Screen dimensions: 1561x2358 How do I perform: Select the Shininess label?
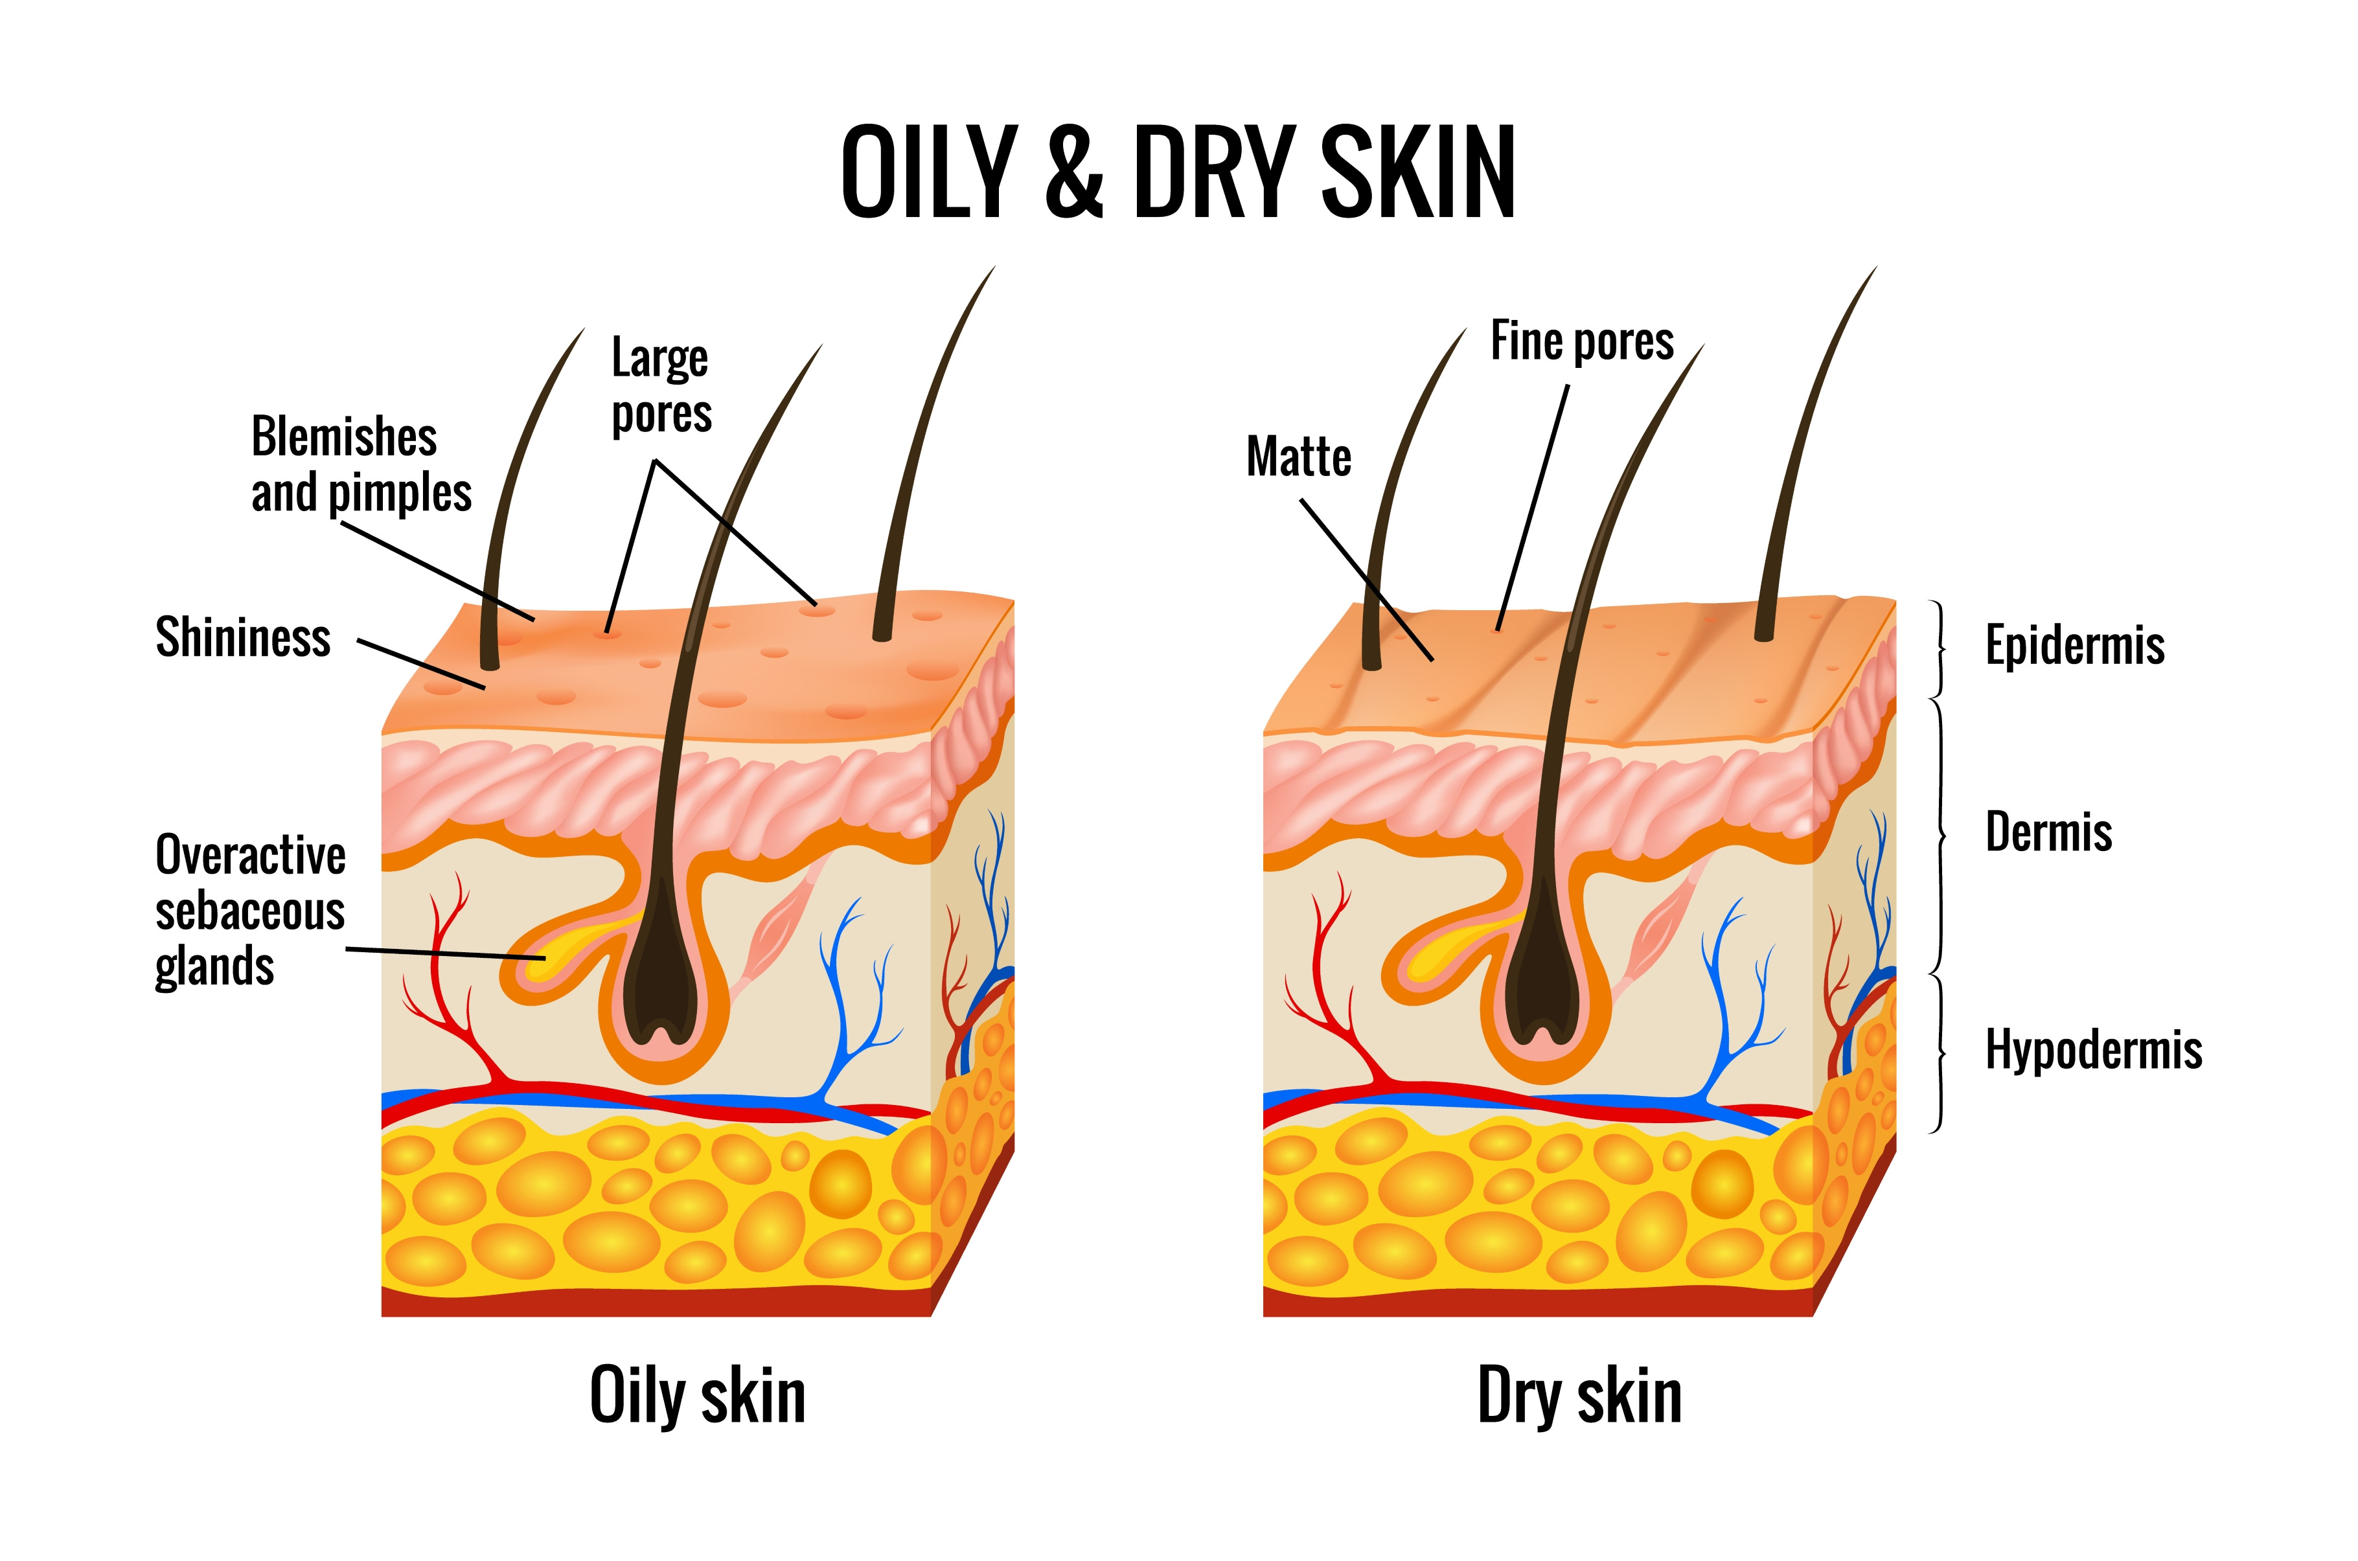pyautogui.click(x=243, y=638)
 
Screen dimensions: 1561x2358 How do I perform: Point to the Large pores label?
pyautogui.click(x=661, y=386)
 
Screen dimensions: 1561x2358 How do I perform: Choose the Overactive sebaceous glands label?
pyautogui.click(x=250, y=910)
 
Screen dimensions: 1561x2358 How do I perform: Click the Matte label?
pyautogui.click(x=1298, y=457)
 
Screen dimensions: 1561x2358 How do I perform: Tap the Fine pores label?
pyautogui.click(x=1582, y=341)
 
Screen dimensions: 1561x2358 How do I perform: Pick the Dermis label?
pyautogui.click(x=2048, y=832)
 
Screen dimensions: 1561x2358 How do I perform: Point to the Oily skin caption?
pyautogui.click(x=697, y=1396)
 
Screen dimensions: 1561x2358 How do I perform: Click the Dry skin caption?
pyautogui.click(x=1579, y=1396)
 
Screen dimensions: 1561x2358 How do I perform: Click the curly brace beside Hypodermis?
pyautogui.click(x=1939, y=1053)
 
